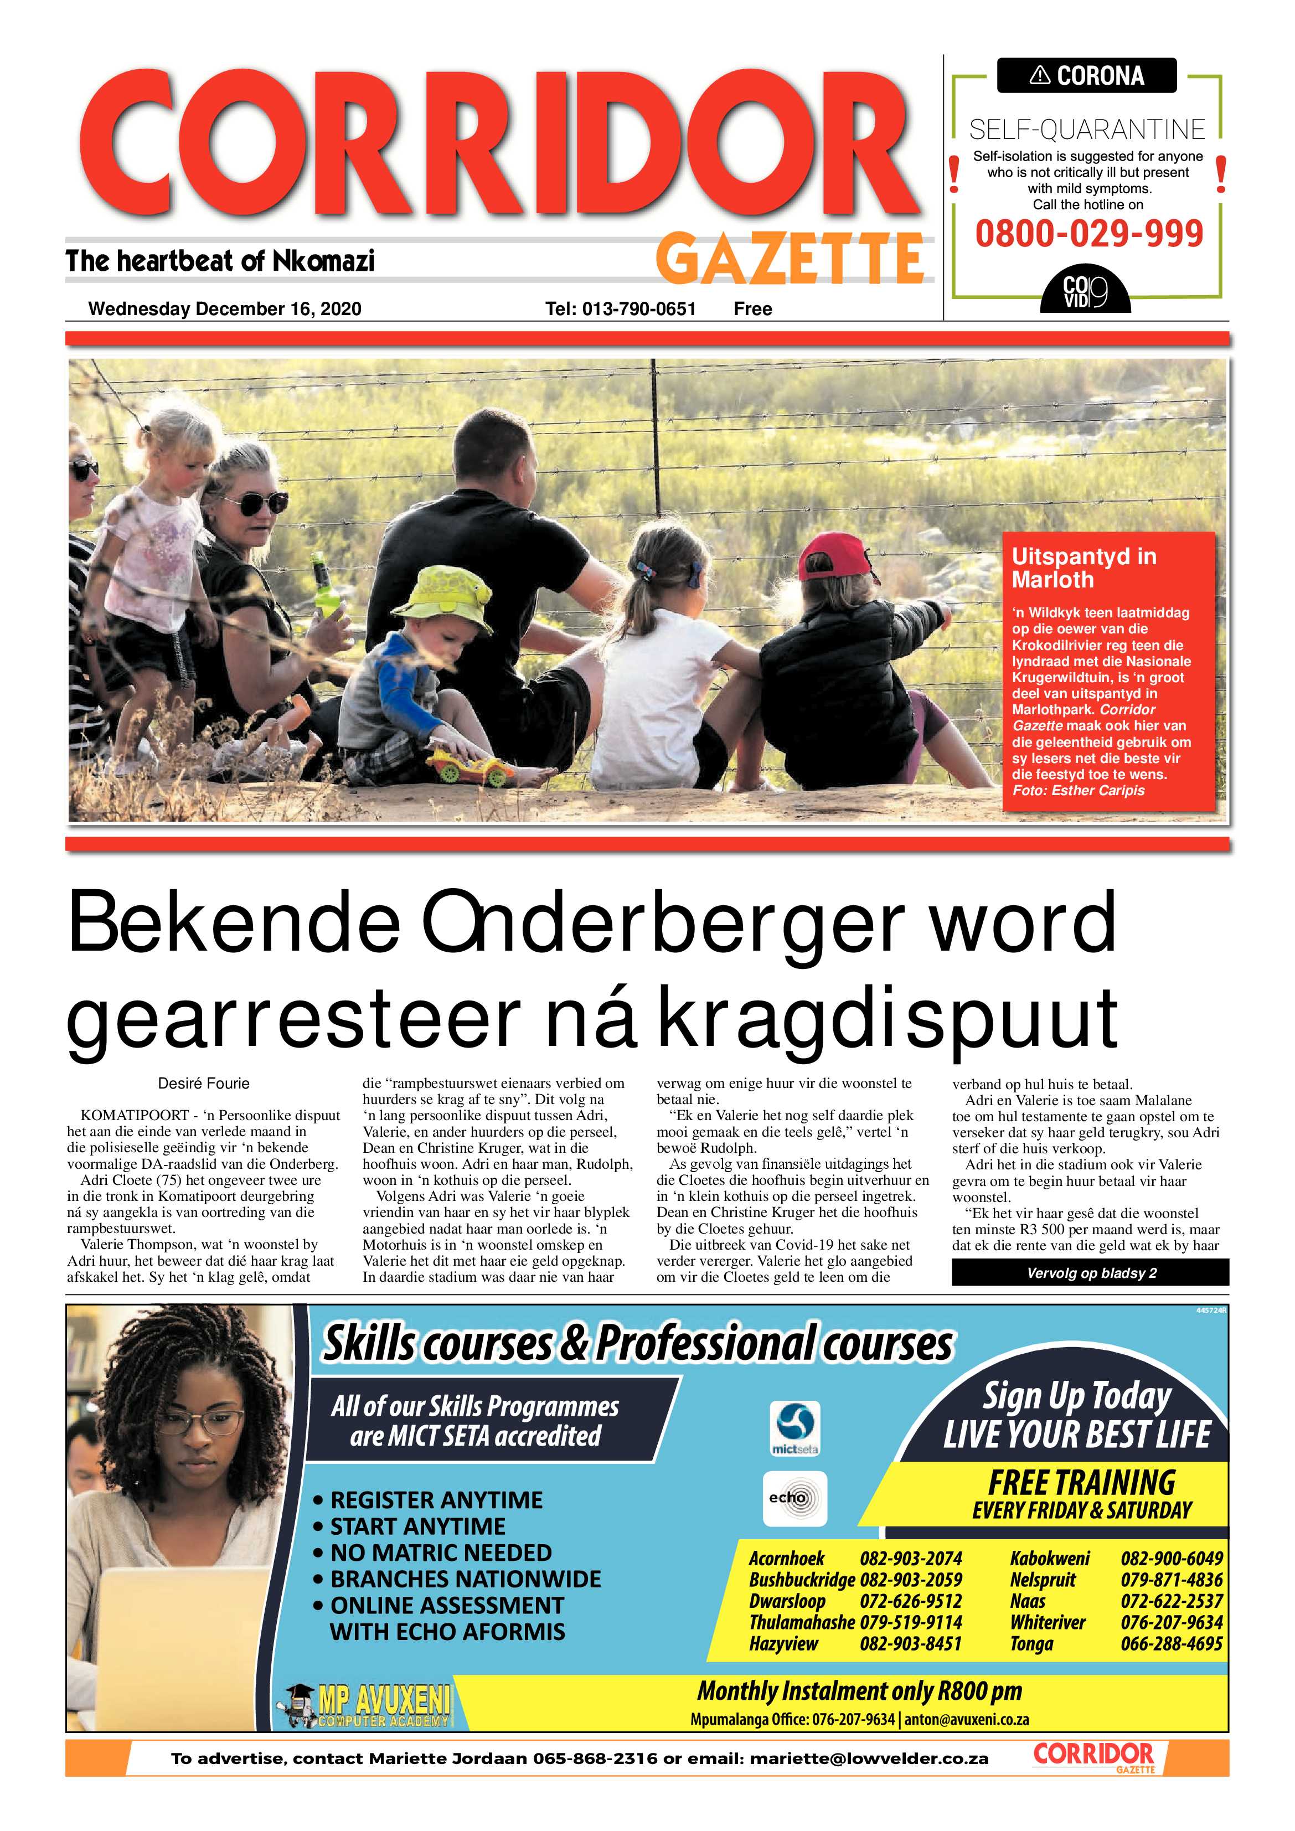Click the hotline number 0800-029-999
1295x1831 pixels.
click(x=1088, y=234)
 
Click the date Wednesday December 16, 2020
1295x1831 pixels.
click(x=224, y=308)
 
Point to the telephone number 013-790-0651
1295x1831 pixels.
click(x=639, y=308)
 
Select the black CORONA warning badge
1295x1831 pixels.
click(x=1086, y=76)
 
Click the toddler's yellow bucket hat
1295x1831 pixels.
click(x=442, y=598)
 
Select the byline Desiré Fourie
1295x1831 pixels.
click(x=203, y=1083)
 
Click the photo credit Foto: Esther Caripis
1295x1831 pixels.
click(x=1078, y=790)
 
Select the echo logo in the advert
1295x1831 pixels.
click(x=795, y=1498)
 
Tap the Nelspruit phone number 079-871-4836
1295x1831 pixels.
click(x=1170, y=1580)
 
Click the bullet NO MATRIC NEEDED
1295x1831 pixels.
click(x=440, y=1553)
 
